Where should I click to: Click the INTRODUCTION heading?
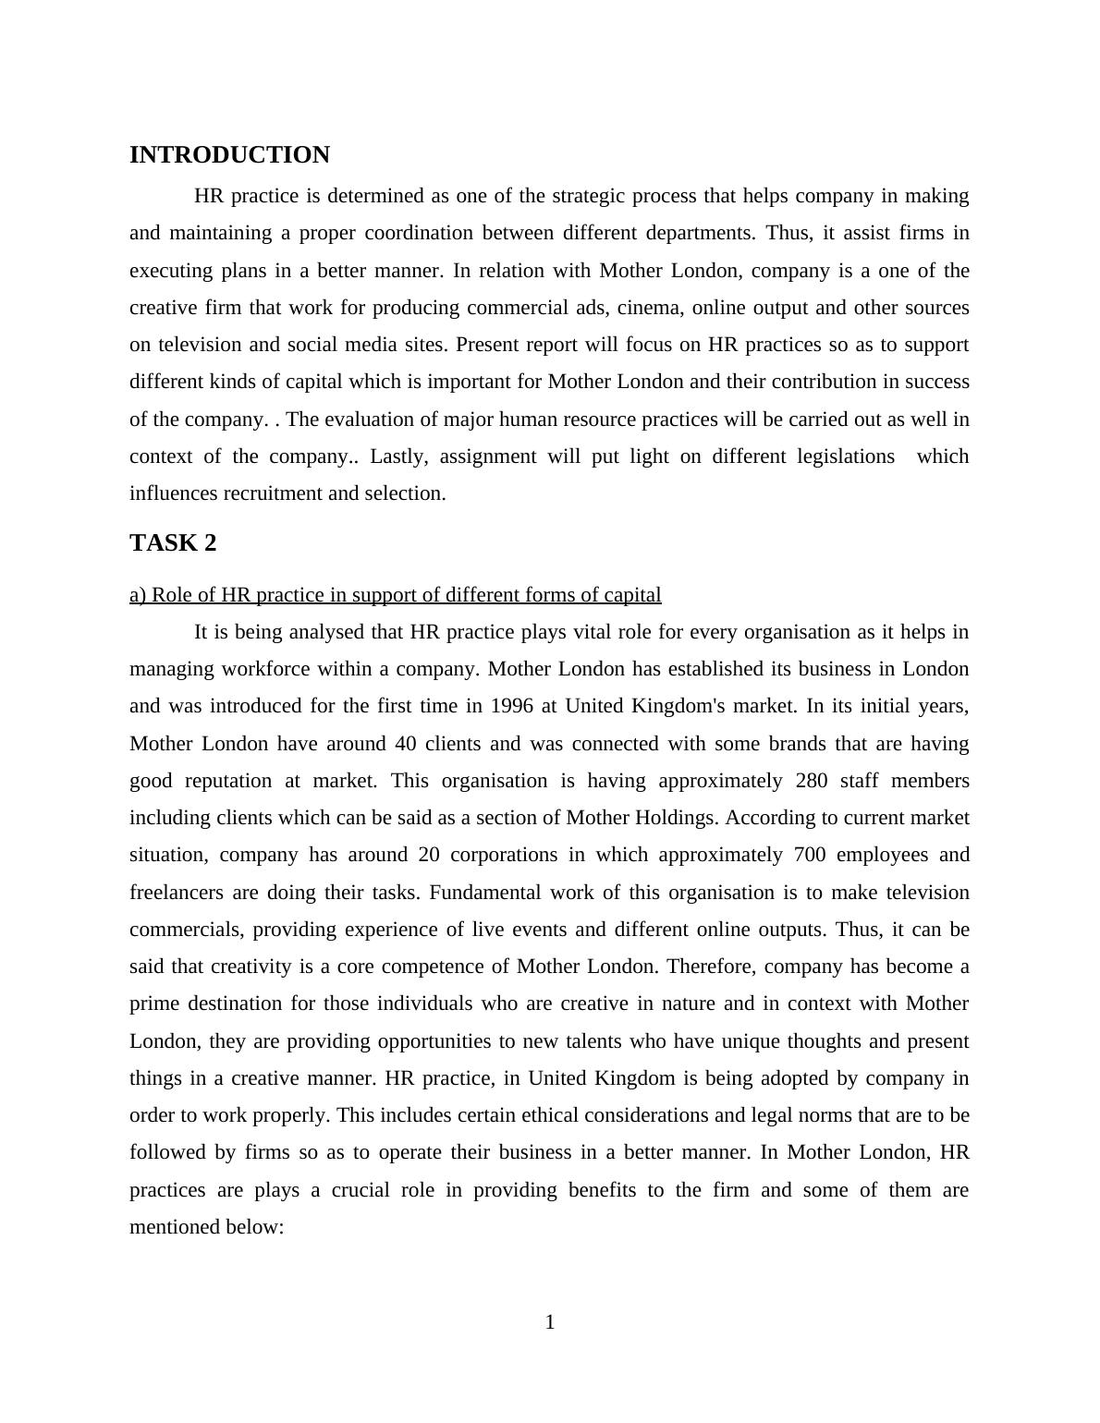[x=229, y=155]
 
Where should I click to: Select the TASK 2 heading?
[x=173, y=543]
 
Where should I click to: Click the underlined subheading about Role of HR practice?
[x=395, y=595]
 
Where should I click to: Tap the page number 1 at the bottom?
[x=550, y=1322]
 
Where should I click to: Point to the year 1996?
[x=512, y=706]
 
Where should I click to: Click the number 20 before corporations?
[x=428, y=855]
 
